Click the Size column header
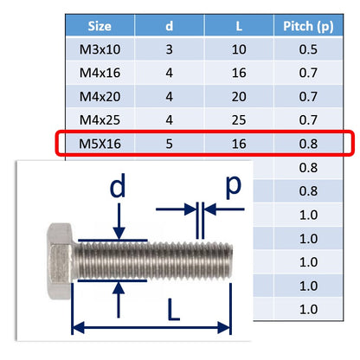click(100, 26)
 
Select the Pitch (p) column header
click(308, 27)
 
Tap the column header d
click(170, 26)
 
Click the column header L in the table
click(239, 26)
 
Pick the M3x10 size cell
click(100, 49)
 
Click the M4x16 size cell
click(100, 73)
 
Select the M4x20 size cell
click(100, 96)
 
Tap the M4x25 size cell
click(100, 120)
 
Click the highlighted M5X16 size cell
click(100, 144)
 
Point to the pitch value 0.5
click(308, 49)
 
